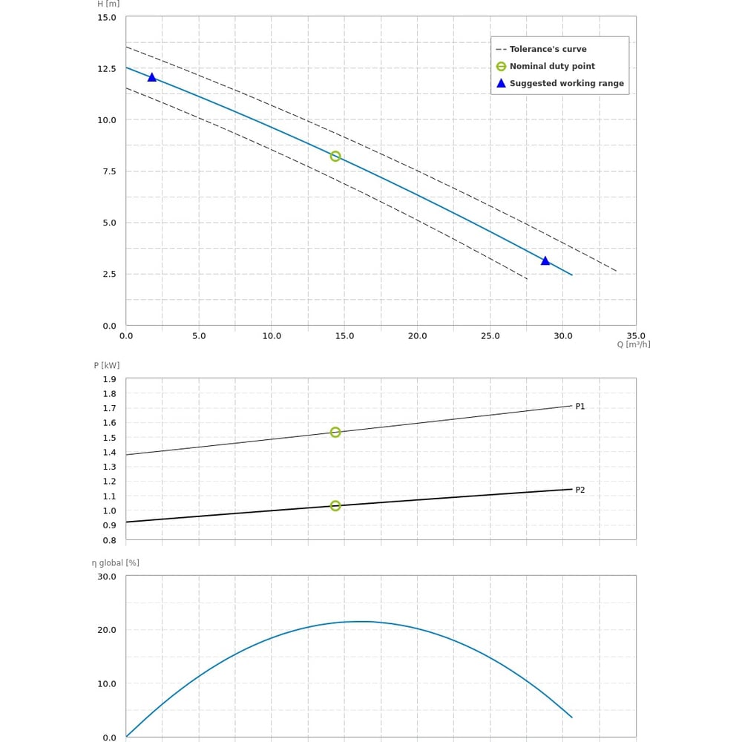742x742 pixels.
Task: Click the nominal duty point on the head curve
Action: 335,157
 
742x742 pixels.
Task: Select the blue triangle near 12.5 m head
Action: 152,77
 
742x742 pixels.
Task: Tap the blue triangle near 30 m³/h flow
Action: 545,260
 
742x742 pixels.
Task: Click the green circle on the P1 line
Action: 335,433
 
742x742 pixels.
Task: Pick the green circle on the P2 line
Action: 335,506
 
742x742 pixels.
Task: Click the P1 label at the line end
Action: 580,407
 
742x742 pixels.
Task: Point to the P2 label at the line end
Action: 580,490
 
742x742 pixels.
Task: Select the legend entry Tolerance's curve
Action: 548,49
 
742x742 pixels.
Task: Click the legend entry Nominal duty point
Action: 552,66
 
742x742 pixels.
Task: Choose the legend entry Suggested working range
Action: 566,83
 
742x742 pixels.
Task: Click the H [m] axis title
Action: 108,4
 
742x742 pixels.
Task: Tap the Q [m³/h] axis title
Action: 634,344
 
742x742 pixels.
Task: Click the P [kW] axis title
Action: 107,365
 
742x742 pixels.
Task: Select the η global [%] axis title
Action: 116,562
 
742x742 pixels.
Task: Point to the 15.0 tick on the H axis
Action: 107,17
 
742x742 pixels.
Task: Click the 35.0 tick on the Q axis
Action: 636,335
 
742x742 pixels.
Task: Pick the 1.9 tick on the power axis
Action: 110,379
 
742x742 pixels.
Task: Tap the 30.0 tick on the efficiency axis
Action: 107,577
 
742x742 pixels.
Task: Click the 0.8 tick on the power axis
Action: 110,540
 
